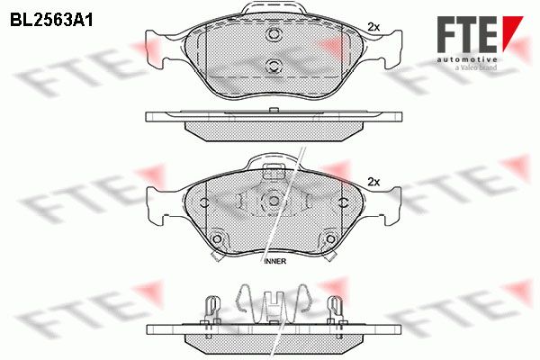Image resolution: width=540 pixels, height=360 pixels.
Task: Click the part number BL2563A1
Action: pos(51,21)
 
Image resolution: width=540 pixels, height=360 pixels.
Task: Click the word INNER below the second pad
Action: pos(275,262)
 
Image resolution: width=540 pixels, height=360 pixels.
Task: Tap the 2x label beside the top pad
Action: pos(373,27)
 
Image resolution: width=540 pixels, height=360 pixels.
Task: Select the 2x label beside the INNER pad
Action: pos(373,182)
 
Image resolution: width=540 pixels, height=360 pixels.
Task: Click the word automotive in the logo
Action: pos(466,59)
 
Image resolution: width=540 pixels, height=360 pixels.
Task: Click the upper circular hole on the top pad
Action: pos(274,34)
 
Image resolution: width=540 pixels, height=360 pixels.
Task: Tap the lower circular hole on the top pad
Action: pos(274,66)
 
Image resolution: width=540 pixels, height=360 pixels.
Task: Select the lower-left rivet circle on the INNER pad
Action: pos(217,238)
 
